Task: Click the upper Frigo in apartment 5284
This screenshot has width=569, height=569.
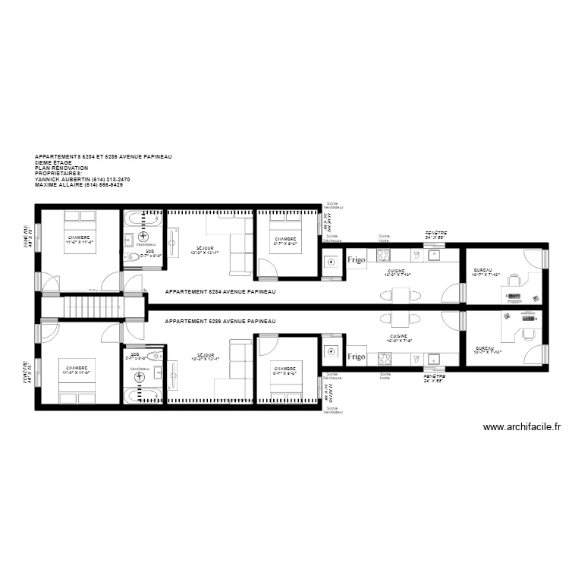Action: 357,259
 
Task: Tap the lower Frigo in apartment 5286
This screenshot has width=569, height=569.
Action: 357,356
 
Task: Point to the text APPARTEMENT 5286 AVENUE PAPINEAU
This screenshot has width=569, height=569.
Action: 220,322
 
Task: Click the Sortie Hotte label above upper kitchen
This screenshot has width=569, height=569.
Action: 385,238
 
